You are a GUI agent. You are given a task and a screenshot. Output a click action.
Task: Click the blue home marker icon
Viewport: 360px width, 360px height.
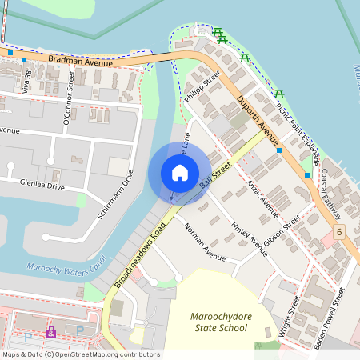pyautogui.click(x=180, y=173)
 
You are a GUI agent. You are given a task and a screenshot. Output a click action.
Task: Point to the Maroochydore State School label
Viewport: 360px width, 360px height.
pyautogui.click(x=220, y=322)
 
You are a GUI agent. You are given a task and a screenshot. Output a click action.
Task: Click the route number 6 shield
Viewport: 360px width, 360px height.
pyautogui.click(x=339, y=232)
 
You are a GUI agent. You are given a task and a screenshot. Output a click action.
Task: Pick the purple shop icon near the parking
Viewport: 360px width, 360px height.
pyautogui.click(x=51, y=331)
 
